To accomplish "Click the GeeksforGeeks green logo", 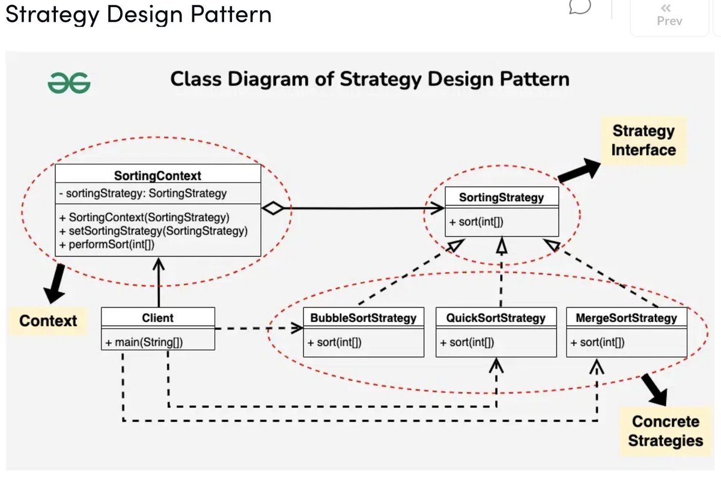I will (x=69, y=84).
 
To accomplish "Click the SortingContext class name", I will (x=157, y=175).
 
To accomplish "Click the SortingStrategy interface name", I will (x=501, y=197).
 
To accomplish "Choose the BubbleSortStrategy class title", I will (x=363, y=318).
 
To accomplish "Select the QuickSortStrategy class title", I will (x=496, y=318).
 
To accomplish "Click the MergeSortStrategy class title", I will (x=627, y=318).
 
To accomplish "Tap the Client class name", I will (x=157, y=318).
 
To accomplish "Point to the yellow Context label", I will (x=48, y=321).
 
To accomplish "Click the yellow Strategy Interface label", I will (x=643, y=140).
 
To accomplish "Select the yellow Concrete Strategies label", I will (x=665, y=431).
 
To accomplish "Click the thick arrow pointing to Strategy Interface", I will (x=579, y=169).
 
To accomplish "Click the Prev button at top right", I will (x=669, y=16).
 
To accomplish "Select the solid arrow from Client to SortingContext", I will (x=159, y=282).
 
